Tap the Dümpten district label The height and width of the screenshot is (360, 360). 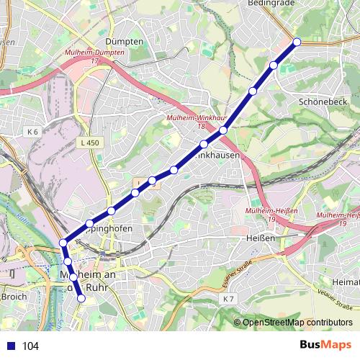click(125, 42)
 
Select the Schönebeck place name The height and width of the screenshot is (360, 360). click(323, 102)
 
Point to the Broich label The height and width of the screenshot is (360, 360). click(14, 297)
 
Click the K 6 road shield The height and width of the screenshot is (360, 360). click(32, 132)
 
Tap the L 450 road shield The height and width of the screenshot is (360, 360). click(90, 143)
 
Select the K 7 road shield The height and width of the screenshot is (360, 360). click(229, 298)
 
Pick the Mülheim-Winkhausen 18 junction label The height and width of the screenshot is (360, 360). click(196, 121)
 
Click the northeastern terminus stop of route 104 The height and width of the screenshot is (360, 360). click(297, 42)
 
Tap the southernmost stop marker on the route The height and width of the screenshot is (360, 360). click(81, 298)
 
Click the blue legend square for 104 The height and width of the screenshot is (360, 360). click(9, 346)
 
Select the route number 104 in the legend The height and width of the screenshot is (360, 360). click(31, 346)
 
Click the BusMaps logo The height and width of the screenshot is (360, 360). click(325, 345)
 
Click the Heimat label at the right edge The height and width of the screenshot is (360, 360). click(346, 281)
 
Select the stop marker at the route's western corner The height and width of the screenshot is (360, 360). click(63, 243)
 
